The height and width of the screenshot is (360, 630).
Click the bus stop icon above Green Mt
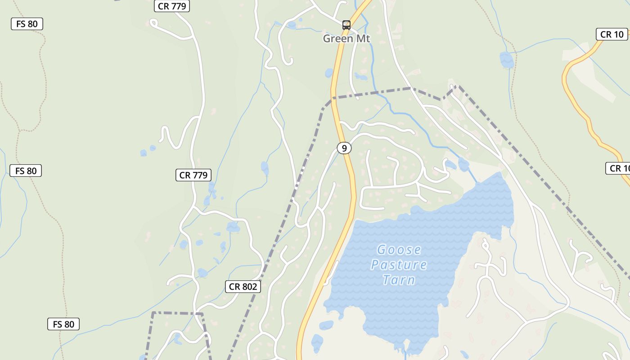point(346,25)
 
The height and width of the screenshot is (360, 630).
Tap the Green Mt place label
point(346,39)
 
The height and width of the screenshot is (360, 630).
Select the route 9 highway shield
point(344,148)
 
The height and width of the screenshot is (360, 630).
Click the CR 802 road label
point(243,287)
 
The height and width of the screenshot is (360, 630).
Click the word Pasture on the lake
point(399,265)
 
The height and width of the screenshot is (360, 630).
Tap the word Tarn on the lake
point(399,280)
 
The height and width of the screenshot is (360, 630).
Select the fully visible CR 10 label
point(612,34)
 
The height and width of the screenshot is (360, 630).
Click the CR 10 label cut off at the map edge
point(619,168)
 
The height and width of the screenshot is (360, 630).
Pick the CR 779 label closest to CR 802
point(193,175)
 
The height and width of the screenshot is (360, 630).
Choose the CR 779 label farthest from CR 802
point(172,6)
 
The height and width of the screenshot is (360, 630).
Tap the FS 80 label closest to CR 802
point(63,324)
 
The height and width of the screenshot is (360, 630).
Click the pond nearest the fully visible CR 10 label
point(507,60)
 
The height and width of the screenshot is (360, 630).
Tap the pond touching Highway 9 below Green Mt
point(329,73)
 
